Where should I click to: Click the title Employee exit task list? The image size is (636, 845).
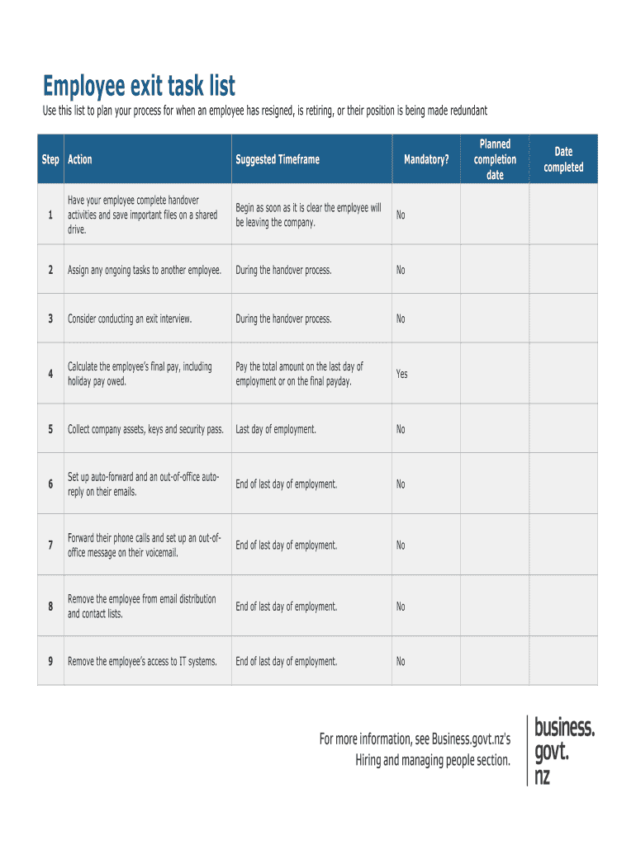140,86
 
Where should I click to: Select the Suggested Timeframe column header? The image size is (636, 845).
277,160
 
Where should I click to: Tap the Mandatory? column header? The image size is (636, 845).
426,160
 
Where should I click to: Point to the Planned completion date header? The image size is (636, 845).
495,159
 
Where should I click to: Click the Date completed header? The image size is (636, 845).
563,159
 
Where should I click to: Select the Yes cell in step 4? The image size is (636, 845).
401,374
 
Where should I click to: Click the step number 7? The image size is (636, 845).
50,545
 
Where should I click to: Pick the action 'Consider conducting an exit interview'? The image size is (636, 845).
130,319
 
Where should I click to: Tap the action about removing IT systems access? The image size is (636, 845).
142,662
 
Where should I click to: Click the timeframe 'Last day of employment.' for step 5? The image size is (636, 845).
276,429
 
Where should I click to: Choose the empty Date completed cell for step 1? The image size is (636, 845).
562,215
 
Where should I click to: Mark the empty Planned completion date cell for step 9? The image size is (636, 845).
494,662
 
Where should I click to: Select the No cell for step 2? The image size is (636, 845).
401,270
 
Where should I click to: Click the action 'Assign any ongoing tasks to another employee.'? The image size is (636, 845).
145,270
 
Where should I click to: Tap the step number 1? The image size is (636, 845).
50,215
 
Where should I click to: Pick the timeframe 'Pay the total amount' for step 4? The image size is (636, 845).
299,374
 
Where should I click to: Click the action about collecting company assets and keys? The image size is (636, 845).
145,429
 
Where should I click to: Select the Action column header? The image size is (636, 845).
80,160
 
